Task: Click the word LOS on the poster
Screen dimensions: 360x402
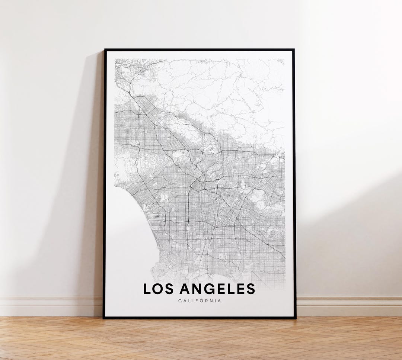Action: (159, 289)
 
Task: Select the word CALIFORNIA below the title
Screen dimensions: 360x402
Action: (200, 301)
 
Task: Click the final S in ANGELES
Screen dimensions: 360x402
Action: (251, 289)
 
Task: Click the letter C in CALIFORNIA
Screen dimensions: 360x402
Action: (180, 301)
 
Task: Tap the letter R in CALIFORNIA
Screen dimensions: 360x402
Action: (208, 301)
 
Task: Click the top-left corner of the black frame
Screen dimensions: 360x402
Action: (105, 50)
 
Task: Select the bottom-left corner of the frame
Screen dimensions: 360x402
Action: (104, 318)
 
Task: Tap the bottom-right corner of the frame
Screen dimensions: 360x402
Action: (296, 318)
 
